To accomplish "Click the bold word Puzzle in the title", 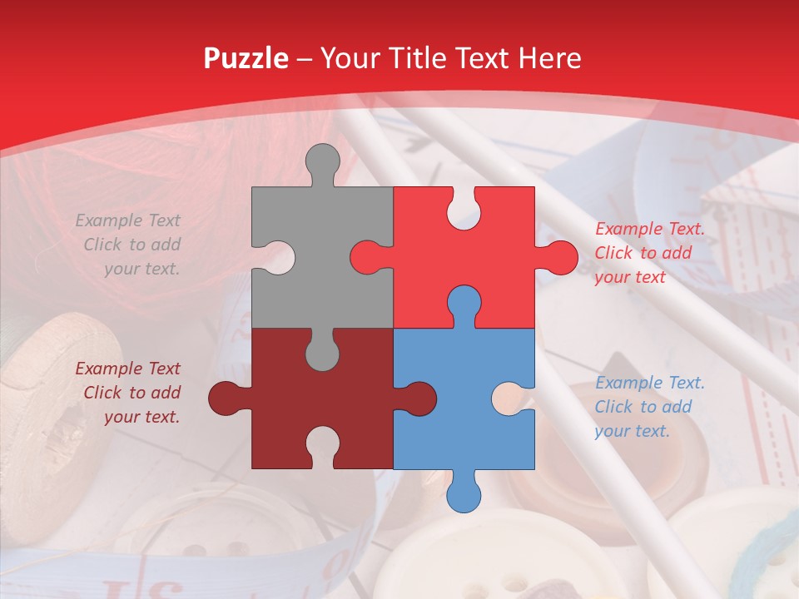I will [x=246, y=58].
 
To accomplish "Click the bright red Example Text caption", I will [x=649, y=253].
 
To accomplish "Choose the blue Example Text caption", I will [x=649, y=407].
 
